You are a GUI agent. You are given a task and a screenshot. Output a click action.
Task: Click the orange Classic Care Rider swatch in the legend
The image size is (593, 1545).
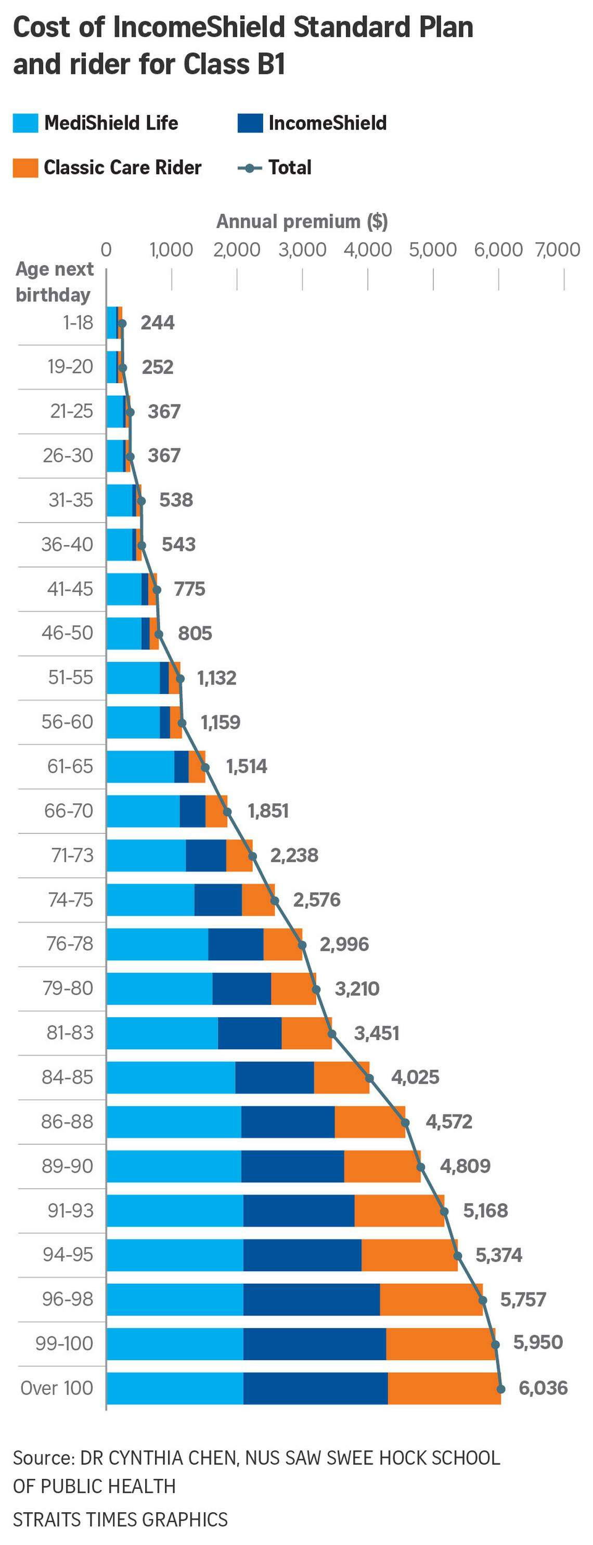click(x=25, y=167)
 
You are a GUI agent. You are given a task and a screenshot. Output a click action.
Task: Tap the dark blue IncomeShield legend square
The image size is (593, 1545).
click(x=250, y=123)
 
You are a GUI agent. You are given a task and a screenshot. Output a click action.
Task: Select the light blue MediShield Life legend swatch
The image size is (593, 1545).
click(x=25, y=123)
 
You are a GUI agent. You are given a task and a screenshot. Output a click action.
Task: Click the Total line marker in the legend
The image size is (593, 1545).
click(x=250, y=168)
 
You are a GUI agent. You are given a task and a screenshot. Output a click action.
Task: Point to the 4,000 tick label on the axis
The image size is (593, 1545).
click(x=367, y=249)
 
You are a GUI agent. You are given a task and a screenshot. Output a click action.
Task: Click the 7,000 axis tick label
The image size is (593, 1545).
click(x=558, y=249)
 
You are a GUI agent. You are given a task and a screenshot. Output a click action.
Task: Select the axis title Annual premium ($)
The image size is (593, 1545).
click(x=302, y=221)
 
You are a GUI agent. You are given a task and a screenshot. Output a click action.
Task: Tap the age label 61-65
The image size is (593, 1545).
click(x=70, y=766)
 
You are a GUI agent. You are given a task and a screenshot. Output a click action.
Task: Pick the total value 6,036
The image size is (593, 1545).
click(x=543, y=1387)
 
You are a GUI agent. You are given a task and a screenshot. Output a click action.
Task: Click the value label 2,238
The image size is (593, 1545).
click(x=294, y=855)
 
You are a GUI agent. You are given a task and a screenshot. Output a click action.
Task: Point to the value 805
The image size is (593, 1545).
click(x=195, y=633)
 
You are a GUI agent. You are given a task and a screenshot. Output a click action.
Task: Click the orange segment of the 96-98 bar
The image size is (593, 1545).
click(x=431, y=1299)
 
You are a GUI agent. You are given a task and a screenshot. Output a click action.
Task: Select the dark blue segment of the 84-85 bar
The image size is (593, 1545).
click(x=274, y=1077)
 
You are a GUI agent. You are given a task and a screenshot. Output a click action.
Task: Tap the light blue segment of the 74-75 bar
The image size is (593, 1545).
click(x=150, y=900)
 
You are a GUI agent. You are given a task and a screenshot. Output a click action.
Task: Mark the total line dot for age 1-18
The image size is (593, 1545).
click(x=122, y=323)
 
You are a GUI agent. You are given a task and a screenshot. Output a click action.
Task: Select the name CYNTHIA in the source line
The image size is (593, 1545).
click(x=148, y=1458)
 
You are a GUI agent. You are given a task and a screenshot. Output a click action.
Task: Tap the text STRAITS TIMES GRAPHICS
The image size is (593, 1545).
click(x=120, y=1519)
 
